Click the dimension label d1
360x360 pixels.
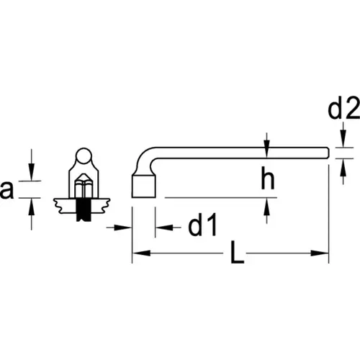point(202,225)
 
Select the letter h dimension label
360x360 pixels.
point(268,178)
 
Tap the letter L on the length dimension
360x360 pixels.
point(237,252)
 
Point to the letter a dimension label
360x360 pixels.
point(6,189)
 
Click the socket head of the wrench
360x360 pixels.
point(144,186)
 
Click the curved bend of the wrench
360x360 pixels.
point(145,159)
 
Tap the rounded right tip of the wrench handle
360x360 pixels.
point(327,153)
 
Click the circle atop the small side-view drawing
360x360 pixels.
point(84,156)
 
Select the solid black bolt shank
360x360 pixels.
point(84,210)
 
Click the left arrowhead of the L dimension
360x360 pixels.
point(141,253)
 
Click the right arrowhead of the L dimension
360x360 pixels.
point(320,253)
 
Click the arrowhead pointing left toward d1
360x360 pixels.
point(164,228)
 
